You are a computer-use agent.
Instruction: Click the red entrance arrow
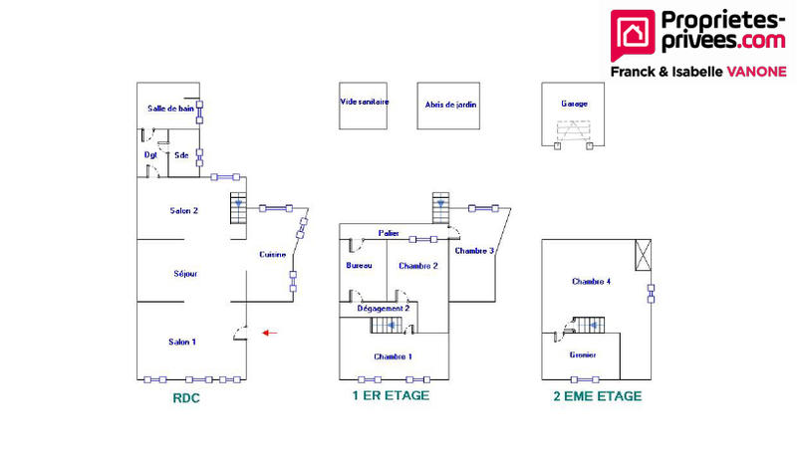point(269,333)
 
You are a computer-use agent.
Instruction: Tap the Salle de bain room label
point(170,109)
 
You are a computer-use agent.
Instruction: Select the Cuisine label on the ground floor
point(273,254)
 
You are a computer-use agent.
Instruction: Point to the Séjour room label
point(184,273)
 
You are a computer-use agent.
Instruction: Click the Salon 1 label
point(182,342)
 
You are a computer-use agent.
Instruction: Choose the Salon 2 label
point(184,210)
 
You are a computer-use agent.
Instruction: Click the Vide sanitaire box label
point(364,103)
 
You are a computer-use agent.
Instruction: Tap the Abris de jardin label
point(448,104)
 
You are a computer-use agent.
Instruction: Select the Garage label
point(574,104)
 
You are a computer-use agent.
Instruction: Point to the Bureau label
point(359,266)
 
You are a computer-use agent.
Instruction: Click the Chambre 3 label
point(474,251)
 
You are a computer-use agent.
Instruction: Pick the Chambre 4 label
point(591,282)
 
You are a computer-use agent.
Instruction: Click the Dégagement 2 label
point(383,309)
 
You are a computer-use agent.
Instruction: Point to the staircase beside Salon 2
point(237,209)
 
